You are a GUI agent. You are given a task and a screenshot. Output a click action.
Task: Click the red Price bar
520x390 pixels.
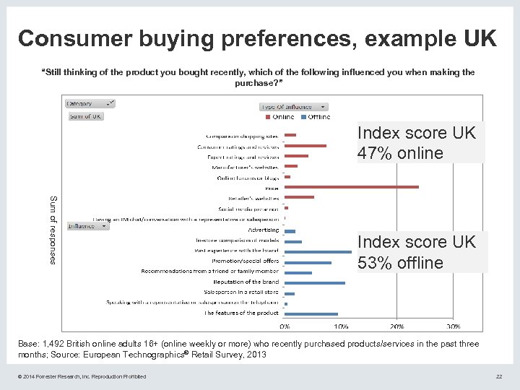[x=351, y=187]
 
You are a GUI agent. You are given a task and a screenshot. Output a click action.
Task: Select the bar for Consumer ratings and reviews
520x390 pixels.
[x=305, y=146]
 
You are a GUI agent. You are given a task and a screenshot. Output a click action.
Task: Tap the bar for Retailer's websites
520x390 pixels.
[x=299, y=197]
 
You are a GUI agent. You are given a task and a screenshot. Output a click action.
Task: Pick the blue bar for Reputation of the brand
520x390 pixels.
[x=314, y=282]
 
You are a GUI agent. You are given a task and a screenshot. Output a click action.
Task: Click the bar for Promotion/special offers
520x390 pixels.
[x=308, y=261]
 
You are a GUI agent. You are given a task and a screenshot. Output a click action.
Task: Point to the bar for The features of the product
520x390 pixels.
[x=311, y=313]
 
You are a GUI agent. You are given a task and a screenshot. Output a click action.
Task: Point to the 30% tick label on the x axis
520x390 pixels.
[x=454, y=326]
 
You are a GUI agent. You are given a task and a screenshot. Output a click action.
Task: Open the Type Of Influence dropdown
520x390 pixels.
[x=293, y=106]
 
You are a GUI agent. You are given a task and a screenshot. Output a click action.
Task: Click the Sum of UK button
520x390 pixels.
[x=85, y=116]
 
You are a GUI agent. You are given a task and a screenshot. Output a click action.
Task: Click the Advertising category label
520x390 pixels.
[x=263, y=230]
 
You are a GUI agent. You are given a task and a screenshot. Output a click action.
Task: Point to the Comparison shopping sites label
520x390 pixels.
[x=242, y=136]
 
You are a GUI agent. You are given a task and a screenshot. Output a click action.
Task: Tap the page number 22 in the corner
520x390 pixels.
[x=498, y=376]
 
